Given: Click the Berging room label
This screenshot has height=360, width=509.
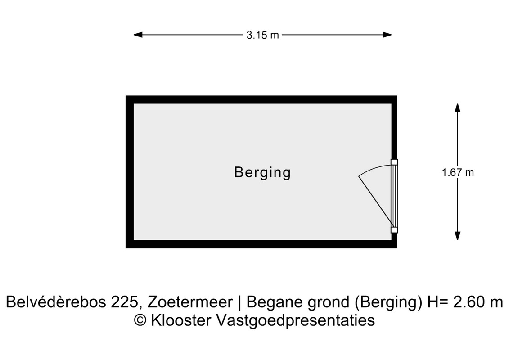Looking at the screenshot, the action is (262, 172).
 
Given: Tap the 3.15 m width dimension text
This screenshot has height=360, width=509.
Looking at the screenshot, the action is (263, 35).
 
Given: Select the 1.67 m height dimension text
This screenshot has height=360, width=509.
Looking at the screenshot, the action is (458, 172).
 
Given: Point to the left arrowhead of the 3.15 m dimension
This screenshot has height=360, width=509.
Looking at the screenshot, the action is (138, 35).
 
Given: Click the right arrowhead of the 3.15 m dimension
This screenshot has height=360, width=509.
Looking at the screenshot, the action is (387, 35).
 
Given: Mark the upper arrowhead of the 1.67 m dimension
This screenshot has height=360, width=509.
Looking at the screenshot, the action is (458, 108).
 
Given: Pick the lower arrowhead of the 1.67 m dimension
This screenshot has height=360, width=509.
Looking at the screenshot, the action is (458, 236).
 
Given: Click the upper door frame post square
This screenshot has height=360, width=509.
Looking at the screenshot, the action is (394, 162).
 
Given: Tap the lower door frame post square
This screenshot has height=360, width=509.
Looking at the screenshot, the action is (394, 230).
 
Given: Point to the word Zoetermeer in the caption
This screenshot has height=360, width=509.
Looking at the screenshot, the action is (190, 302).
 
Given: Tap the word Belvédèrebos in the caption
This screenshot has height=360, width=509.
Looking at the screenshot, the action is (55, 302).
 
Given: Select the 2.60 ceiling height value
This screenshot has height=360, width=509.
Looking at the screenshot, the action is (468, 302).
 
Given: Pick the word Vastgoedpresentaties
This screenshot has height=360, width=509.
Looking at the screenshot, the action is (295, 320).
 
